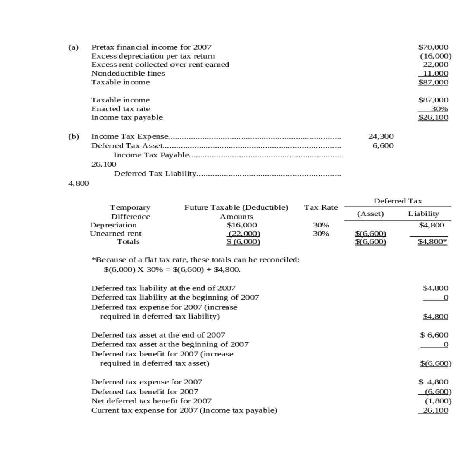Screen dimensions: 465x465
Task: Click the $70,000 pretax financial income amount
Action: coord(433,47)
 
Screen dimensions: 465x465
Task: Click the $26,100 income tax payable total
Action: coord(433,117)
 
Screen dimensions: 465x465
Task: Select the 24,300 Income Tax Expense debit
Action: coord(381,136)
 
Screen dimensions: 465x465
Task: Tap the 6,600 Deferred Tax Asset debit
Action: coord(383,146)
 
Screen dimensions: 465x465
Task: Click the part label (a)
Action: coord(73,47)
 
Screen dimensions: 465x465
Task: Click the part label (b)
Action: coord(73,136)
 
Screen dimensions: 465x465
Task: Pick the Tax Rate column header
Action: coord(320,207)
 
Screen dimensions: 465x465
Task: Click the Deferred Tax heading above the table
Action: coord(398,201)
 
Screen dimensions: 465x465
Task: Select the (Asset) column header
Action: coord(370,214)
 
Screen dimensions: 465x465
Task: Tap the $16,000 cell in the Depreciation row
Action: coord(241,225)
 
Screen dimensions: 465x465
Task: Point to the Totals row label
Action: coord(128,242)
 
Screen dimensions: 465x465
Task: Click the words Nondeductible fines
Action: coord(128,73)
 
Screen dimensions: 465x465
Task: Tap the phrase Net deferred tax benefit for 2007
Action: coord(151,401)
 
